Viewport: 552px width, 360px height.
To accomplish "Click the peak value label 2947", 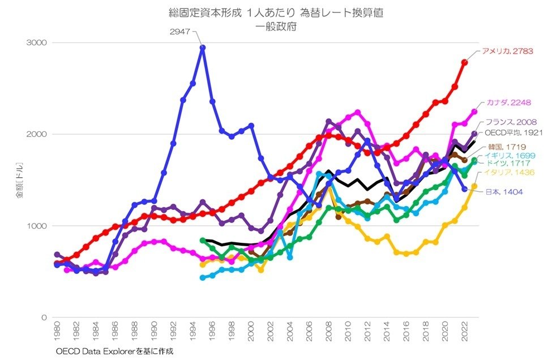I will pos(180,31).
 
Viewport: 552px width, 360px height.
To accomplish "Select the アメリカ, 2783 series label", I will pos(507,52).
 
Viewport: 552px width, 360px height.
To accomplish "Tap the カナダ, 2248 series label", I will pos(507,102).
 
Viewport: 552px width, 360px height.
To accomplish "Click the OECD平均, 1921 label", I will pos(514,133).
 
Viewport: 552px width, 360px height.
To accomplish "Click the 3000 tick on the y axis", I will pos(38,42).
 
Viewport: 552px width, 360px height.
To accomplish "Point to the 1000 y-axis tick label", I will pos(38,226).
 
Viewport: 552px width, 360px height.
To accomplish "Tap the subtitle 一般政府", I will pos(276,26).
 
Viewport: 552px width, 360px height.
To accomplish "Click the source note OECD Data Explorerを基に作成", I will pos(114,352).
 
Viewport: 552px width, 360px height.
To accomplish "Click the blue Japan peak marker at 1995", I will pos(203,48).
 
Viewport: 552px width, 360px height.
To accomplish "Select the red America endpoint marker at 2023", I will pos(465,62).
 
